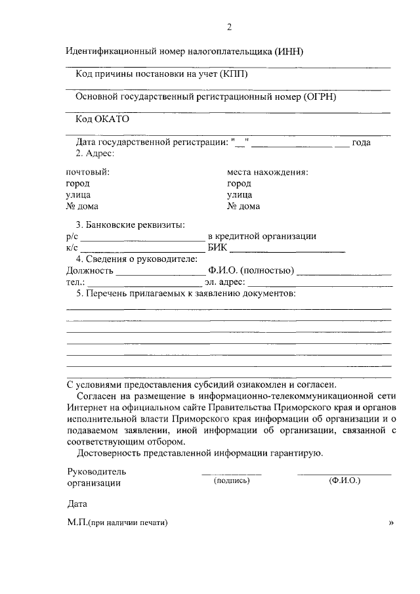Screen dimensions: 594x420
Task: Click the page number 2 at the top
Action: click(x=229, y=27)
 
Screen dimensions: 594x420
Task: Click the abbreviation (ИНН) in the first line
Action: click(x=285, y=51)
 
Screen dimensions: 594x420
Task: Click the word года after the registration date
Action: click(x=362, y=142)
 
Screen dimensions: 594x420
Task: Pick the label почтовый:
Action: click(x=88, y=172)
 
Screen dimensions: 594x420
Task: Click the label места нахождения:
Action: click(x=268, y=172)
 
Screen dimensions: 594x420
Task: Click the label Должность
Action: click(x=91, y=270)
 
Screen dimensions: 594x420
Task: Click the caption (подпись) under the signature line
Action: click(x=232, y=480)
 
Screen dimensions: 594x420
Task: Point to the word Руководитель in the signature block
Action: click(x=96, y=471)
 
